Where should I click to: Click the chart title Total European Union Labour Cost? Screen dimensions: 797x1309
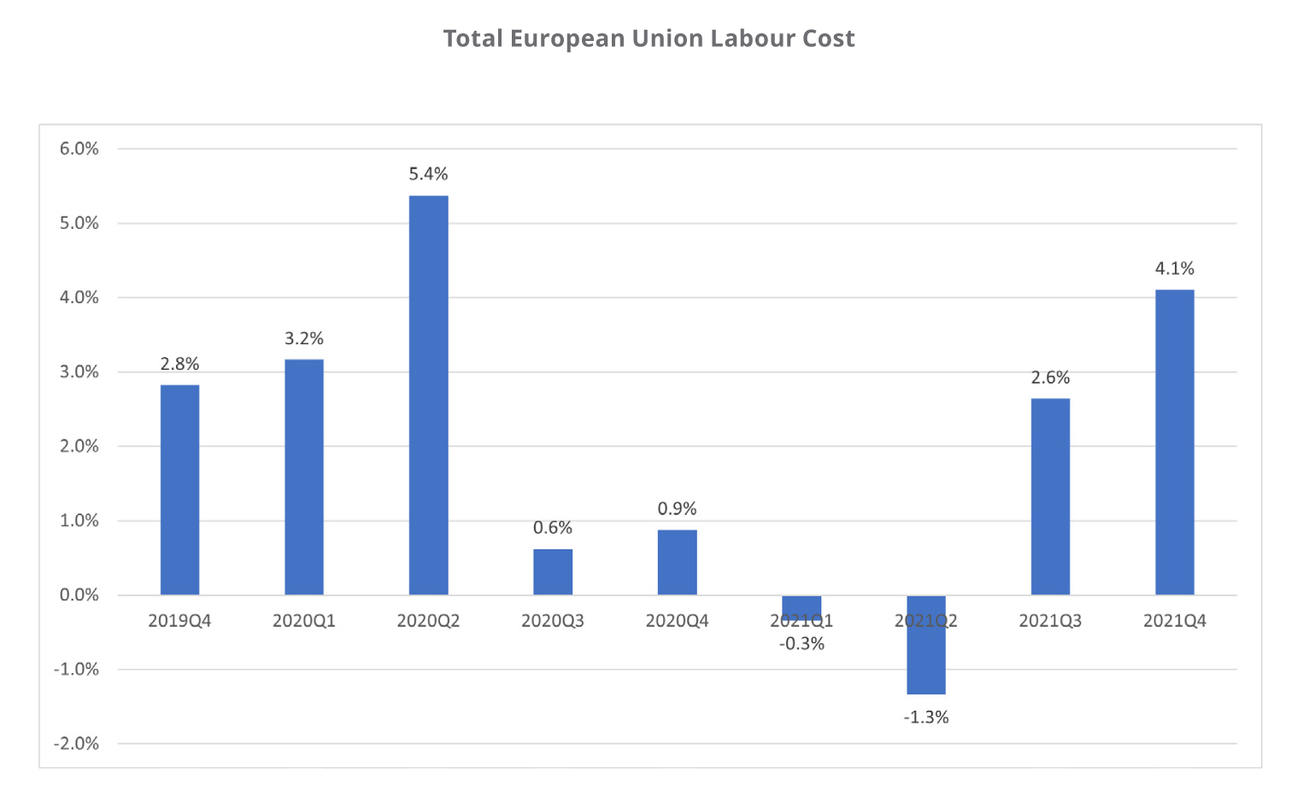[x=649, y=38]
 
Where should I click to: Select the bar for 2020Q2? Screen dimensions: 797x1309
[x=428, y=395]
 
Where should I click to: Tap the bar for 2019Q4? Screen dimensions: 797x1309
[x=179, y=489]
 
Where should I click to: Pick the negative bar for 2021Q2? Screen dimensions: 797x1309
[x=926, y=645]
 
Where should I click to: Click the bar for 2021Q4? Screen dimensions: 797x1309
[x=1175, y=442]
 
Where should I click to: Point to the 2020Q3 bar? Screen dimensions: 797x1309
[x=553, y=571]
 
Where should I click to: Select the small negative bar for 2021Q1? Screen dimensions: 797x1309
[x=801, y=606]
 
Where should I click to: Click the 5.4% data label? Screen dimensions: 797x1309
[x=428, y=174]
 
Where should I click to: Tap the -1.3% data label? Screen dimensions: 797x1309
[x=926, y=718]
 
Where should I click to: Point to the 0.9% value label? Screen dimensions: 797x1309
[x=677, y=509]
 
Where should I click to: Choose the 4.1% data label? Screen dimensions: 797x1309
[x=1175, y=269]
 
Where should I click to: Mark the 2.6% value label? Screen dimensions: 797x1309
[x=1050, y=378]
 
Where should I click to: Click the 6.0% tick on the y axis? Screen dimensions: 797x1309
[x=79, y=149]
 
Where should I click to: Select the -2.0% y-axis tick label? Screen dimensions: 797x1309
[x=76, y=744]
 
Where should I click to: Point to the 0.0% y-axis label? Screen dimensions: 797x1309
[x=79, y=595]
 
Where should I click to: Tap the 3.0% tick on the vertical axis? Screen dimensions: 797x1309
[x=79, y=372]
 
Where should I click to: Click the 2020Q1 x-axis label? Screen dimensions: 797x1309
[x=304, y=621]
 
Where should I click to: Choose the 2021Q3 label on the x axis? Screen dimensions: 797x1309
[x=1050, y=621]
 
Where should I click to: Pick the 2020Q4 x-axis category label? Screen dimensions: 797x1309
[x=677, y=621]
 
